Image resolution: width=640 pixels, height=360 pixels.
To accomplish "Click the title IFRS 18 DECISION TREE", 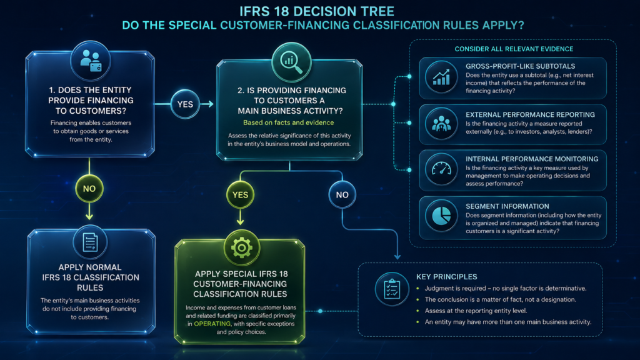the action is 317,11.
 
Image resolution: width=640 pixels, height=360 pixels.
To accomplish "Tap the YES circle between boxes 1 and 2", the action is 185,104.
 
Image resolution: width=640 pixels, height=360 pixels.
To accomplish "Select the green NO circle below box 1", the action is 89,189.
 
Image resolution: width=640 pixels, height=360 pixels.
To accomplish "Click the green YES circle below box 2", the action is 240,195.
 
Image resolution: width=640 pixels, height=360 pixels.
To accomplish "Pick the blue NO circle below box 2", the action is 342,195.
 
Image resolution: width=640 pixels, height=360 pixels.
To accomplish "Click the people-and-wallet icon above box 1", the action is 91,61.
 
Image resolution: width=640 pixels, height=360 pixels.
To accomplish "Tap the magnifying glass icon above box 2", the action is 291,62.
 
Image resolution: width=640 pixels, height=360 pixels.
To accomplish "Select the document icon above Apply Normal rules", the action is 90,242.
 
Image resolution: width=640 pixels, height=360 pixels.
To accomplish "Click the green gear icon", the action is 242,247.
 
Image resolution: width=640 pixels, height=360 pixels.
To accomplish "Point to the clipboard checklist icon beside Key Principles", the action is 392,289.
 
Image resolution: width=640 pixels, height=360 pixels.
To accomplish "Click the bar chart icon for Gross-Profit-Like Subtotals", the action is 441,77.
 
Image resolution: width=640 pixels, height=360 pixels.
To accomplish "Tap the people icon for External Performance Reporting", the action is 441,124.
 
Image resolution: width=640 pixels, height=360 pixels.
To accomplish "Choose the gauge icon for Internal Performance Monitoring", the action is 441,169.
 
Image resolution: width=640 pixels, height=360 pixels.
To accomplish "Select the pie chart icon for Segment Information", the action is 441,216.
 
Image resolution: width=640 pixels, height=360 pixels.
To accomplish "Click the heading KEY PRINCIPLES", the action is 446,277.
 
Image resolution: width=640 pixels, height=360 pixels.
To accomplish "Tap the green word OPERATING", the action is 212,324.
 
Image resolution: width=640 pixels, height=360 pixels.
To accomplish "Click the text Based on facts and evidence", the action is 289,122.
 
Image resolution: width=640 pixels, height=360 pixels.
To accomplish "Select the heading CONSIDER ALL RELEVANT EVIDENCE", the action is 514,49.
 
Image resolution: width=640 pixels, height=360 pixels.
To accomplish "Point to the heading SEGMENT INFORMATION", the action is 507,206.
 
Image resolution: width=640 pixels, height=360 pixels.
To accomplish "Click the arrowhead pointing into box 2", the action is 210,104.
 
